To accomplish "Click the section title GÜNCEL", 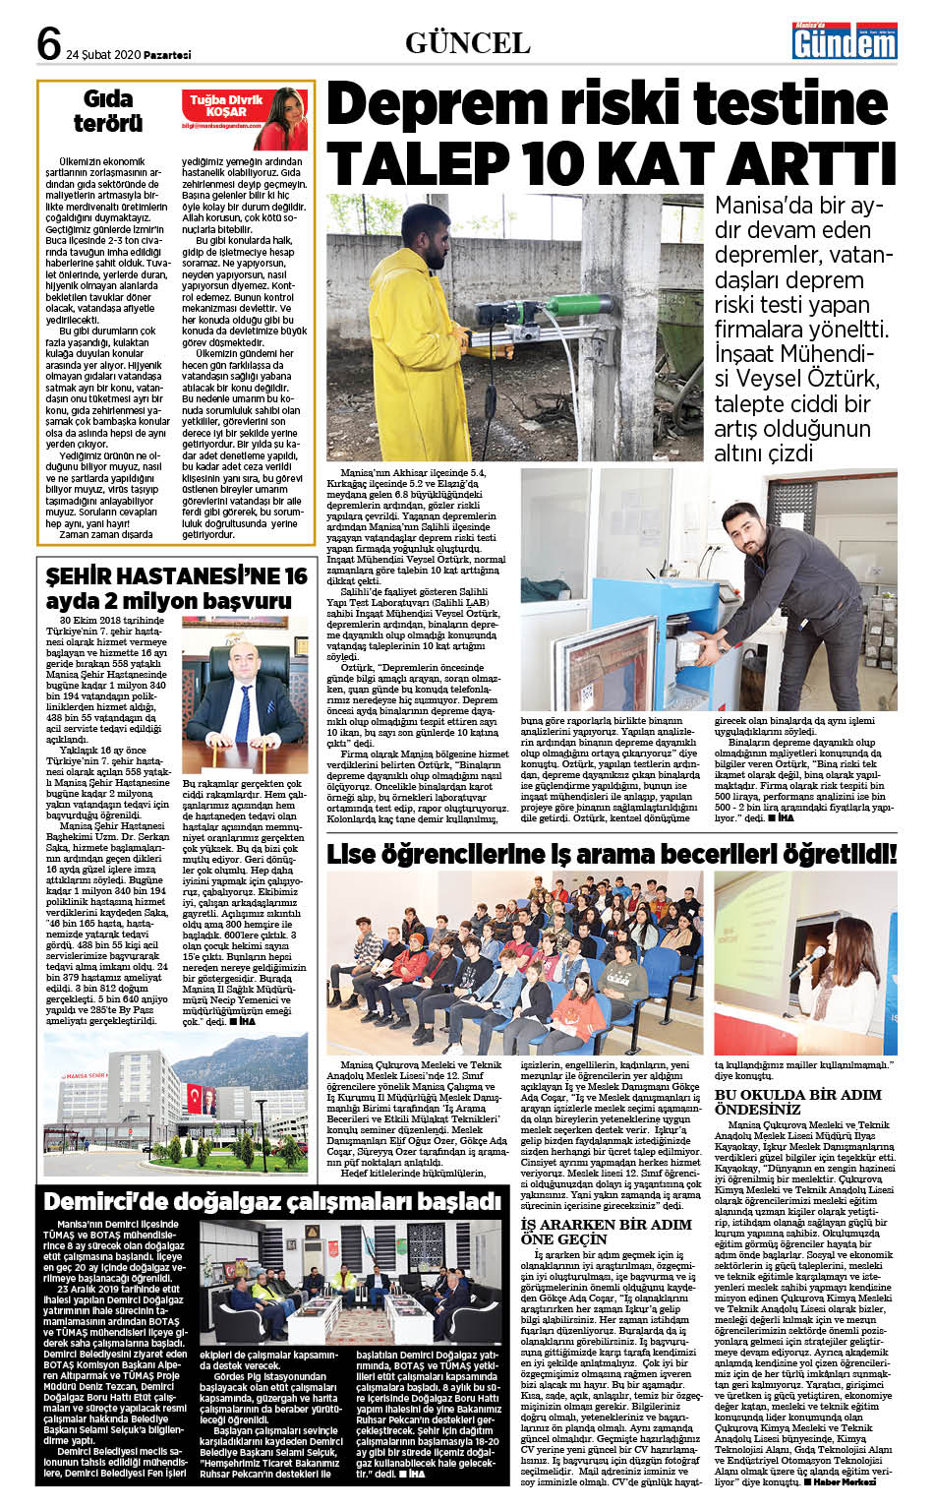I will (x=467, y=43).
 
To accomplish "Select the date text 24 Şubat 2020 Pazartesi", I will (x=128, y=55).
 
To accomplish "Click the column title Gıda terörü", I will (x=108, y=111).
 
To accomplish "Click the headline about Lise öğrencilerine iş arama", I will (x=612, y=853).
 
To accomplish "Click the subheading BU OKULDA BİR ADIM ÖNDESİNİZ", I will (x=797, y=1102).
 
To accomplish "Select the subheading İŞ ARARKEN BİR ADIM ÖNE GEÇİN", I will (x=606, y=1232).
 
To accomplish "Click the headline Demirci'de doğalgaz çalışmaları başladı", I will (x=272, y=1201).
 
